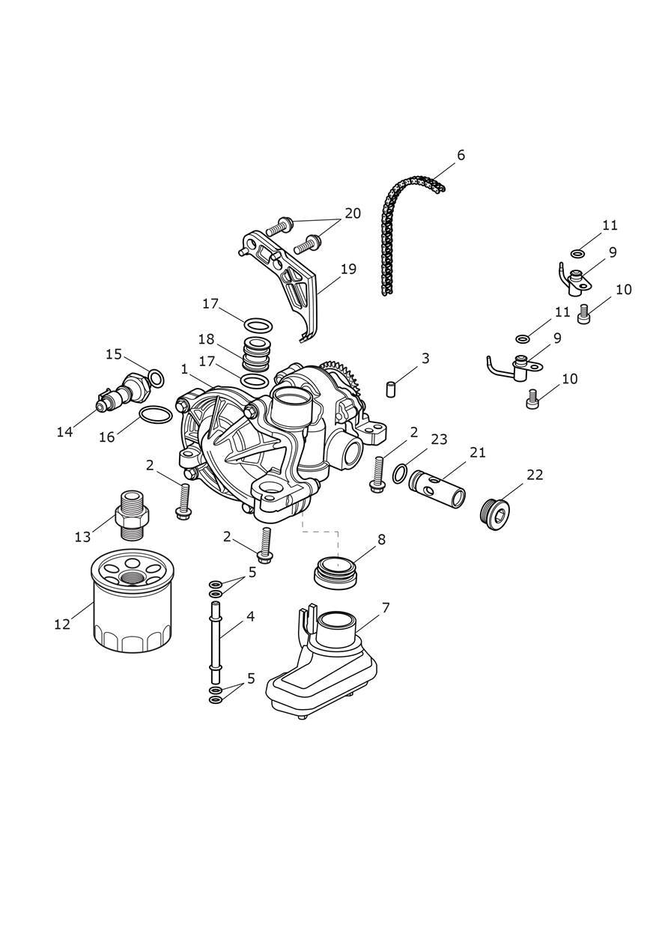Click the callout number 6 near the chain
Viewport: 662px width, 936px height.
(x=461, y=155)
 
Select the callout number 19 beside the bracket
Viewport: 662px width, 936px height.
(x=348, y=269)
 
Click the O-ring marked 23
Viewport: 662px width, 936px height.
(x=401, y=472)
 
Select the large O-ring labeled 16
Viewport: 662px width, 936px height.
(x=156, y=415)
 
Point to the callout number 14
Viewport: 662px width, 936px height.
(x=64, y=431)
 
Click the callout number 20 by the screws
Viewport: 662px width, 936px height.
(x=352, y=213)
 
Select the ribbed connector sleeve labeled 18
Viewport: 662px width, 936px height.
(x=257, y=353)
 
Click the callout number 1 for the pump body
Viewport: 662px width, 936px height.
(x=184, y=369)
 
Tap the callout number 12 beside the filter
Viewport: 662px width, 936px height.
(x=62, y=623)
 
